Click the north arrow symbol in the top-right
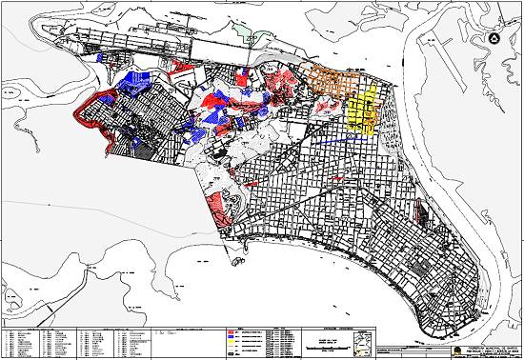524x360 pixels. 494,38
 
